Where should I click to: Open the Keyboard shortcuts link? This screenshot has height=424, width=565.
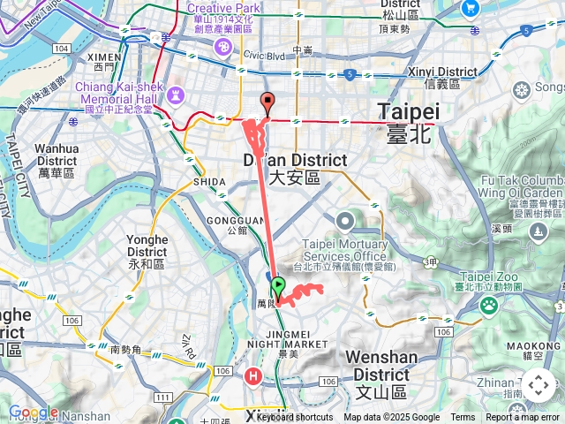295,417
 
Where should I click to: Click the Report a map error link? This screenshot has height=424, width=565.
523,417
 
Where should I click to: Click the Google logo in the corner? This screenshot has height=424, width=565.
33,412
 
